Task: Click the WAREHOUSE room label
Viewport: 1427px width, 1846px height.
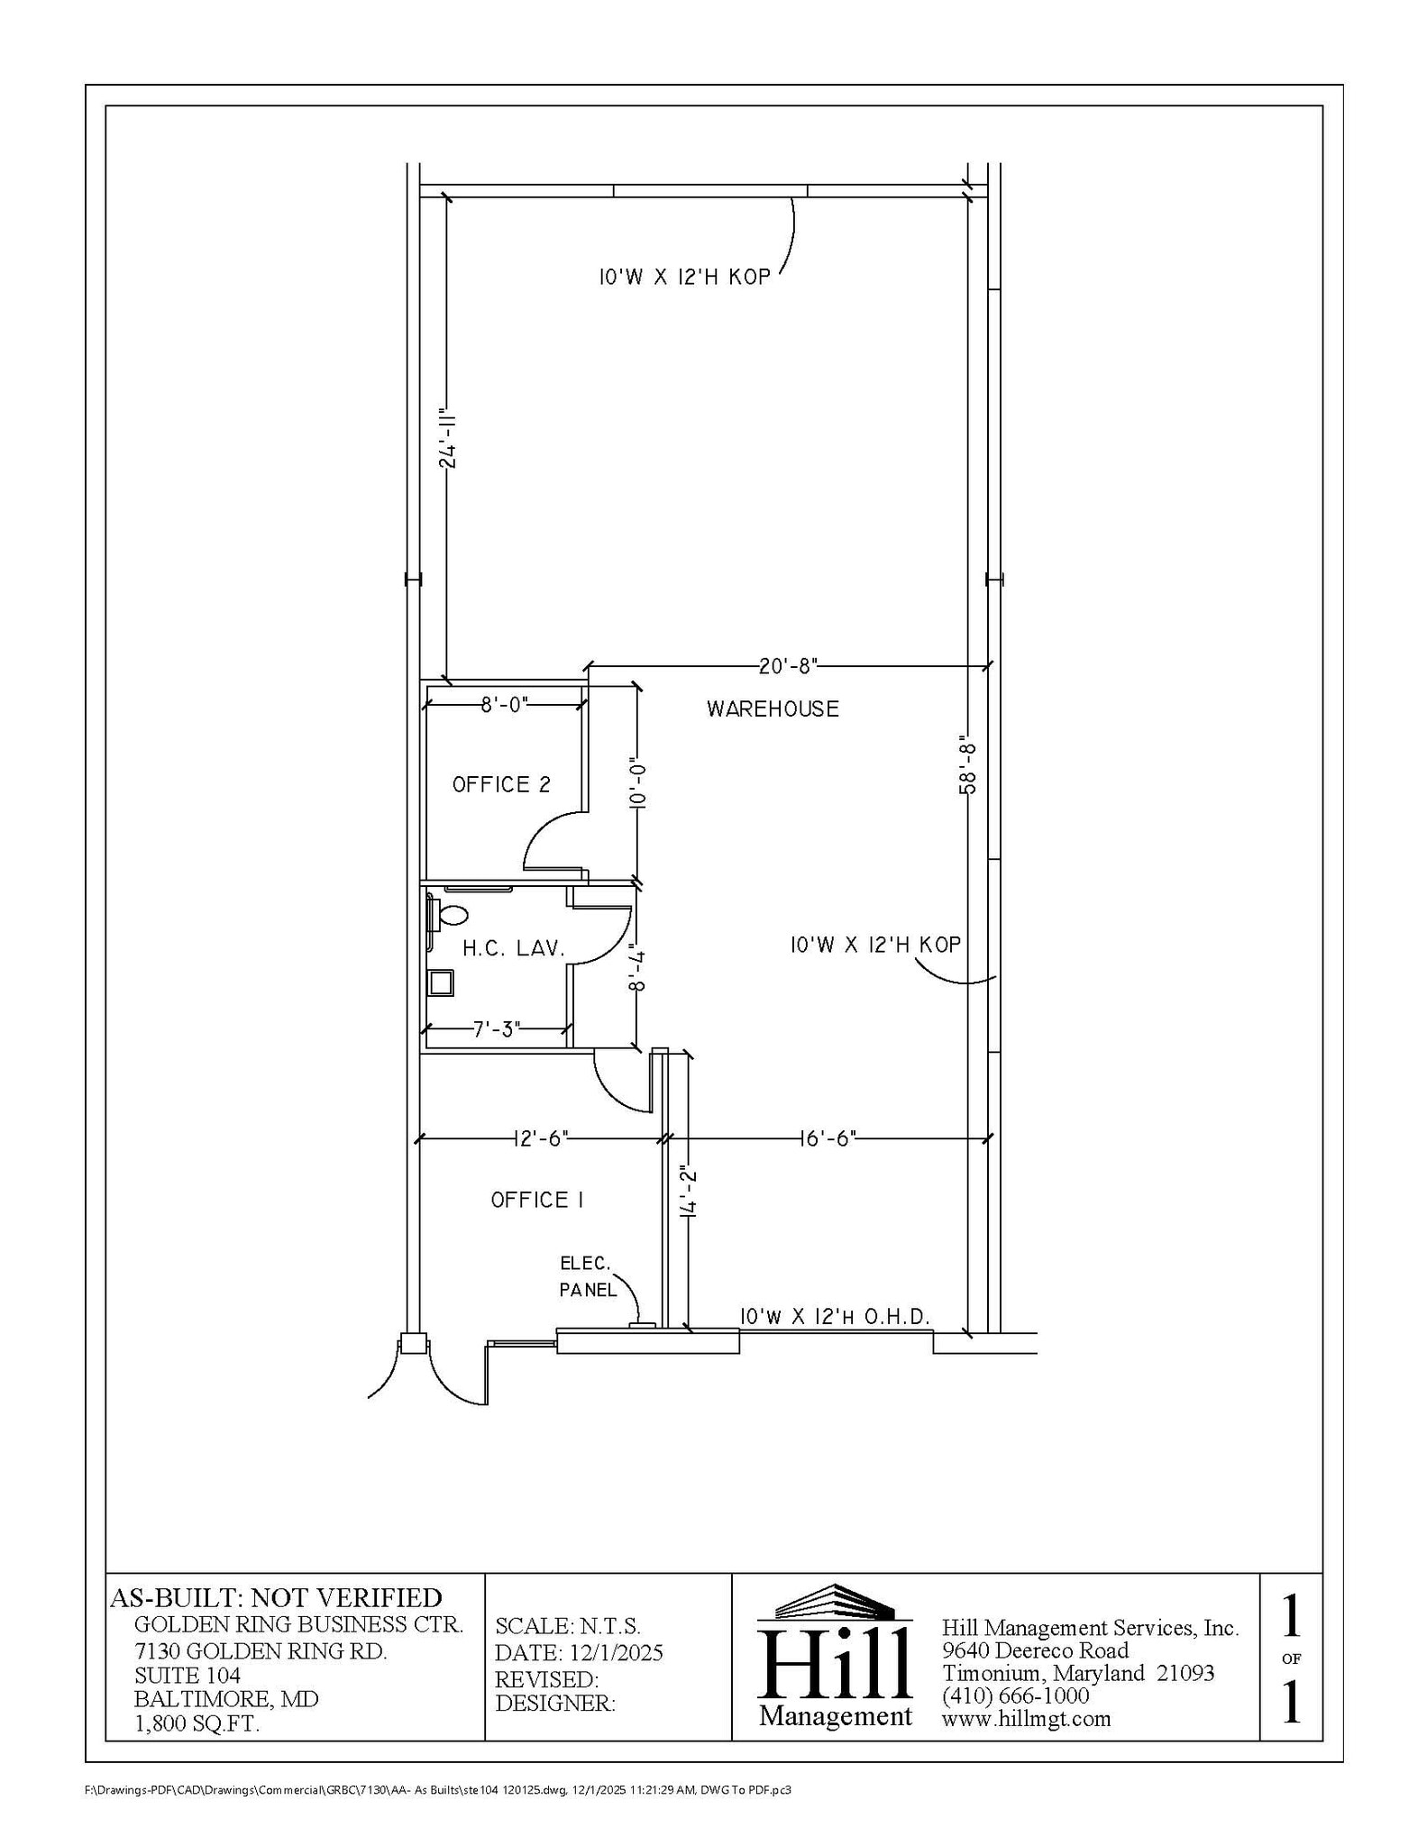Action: [773, 709]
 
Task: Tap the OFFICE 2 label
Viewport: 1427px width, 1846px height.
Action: [501, 785]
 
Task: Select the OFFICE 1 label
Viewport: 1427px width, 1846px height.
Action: [537, 1200]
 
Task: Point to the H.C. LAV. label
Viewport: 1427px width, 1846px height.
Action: [514, 948]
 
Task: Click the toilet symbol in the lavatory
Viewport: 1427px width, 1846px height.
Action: [452, 916]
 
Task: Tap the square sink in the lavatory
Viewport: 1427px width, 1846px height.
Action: [441, 982]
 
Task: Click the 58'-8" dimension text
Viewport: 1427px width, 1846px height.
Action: [968, 768]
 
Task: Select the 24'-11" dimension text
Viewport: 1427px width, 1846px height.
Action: [448, 441]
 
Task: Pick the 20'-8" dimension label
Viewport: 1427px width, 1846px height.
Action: [788, 666]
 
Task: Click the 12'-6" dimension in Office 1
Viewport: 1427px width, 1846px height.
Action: [541, 1139]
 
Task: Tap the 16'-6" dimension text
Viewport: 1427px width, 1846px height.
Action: [827, 1139]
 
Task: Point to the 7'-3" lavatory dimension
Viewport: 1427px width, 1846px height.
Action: [497, 1029]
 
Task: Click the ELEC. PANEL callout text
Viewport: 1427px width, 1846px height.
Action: [587, 1276]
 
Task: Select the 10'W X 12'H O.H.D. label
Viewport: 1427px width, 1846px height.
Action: [835, 1317]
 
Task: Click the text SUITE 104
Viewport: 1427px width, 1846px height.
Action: [188, 1676]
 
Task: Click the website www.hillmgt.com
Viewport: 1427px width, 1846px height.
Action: [1026, 1719]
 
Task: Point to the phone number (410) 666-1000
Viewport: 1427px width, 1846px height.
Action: [1015, 1696]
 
